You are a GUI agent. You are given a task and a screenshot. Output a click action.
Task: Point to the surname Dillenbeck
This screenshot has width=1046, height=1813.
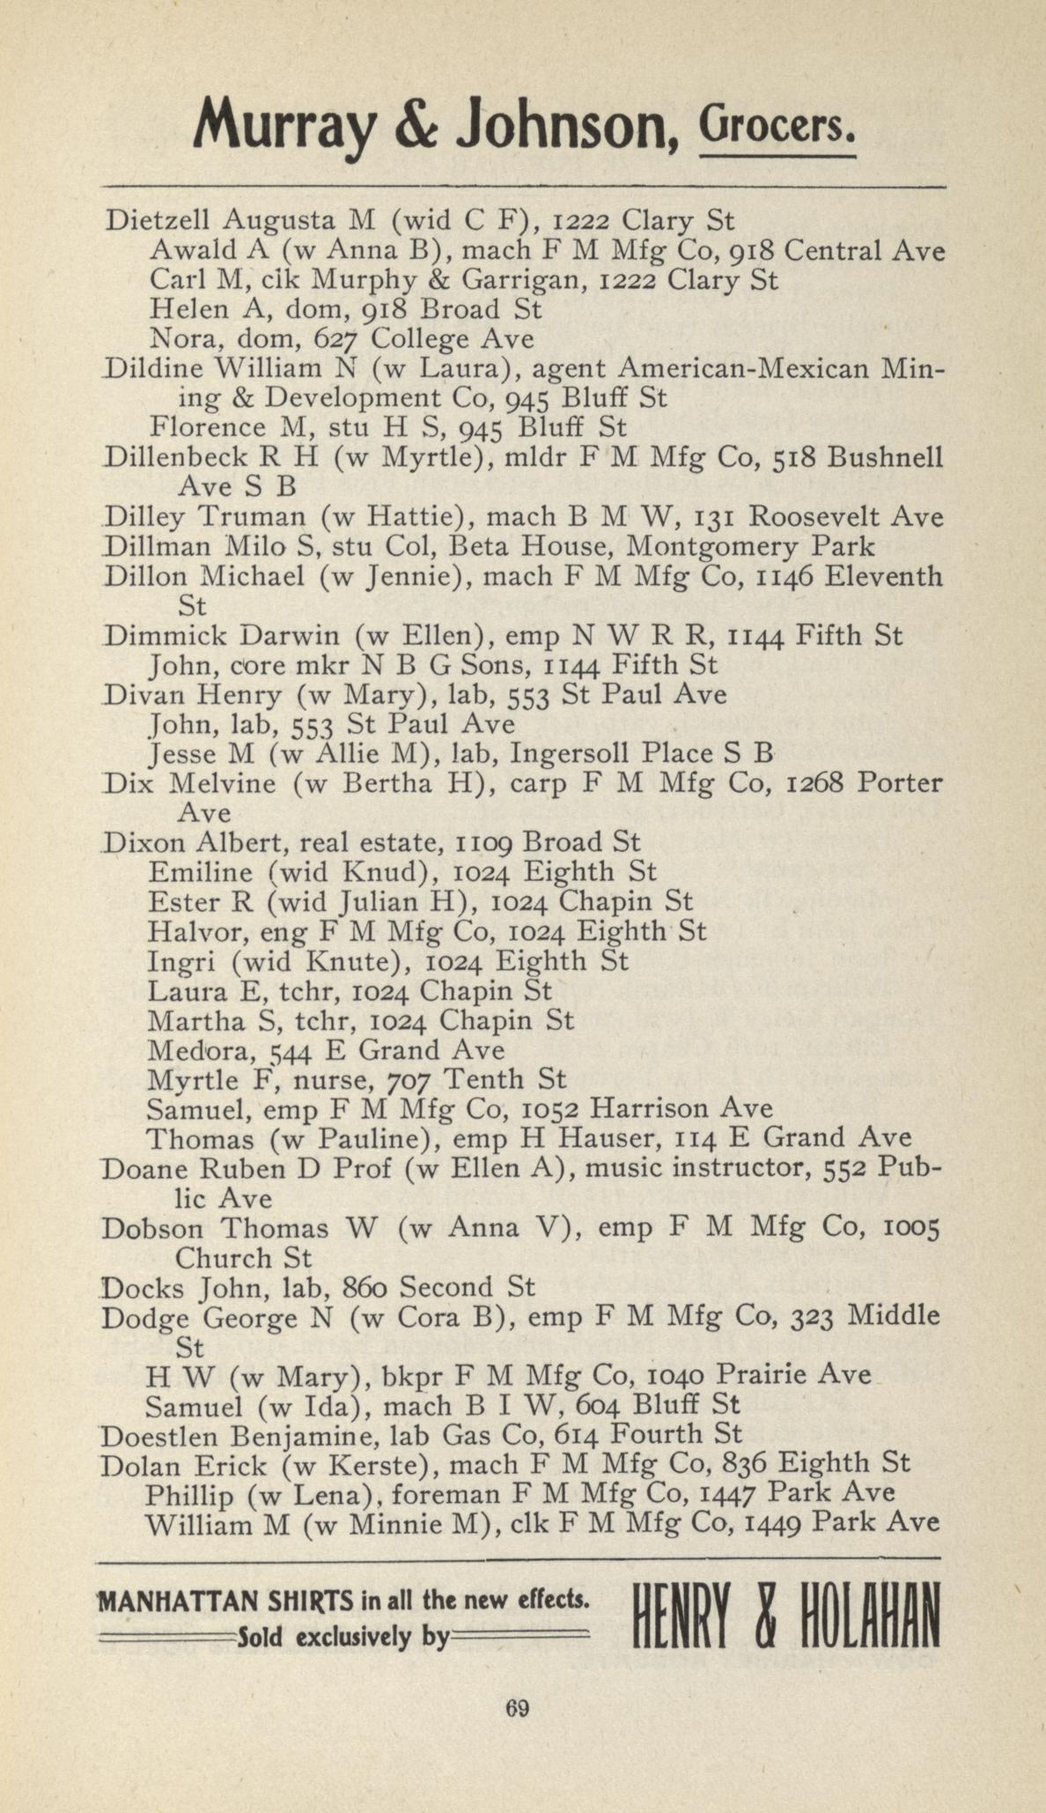pyautogui.click(x=170, y=457)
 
